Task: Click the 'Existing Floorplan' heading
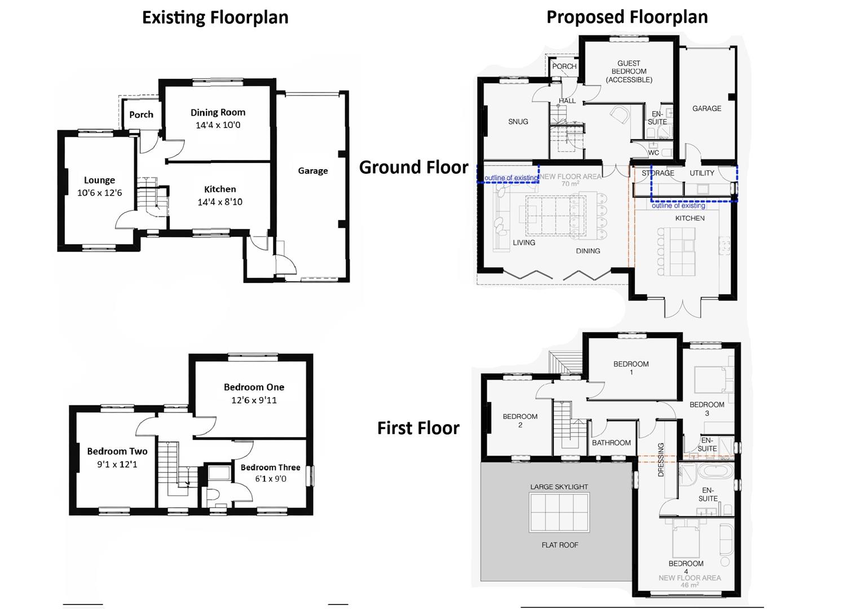[215, 17]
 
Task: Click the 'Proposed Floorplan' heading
[627, 17]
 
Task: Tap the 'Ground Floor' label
[413, 167]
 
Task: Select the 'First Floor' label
[418, 428]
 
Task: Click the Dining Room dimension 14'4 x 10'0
[218, 125]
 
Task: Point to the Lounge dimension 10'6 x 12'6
[99, 193]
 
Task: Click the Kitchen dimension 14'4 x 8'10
[220, 202]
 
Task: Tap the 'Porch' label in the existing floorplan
[141, 114]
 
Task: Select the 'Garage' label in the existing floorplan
[312, 171]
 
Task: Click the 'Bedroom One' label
[254, 387]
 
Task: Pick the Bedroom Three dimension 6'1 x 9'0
[270, 479]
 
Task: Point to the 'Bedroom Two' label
[117, 452]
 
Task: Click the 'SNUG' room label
[518, 122]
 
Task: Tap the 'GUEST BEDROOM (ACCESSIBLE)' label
[629, 72]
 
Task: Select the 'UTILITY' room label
[701, 173]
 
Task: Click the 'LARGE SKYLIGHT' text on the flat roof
[559, 487]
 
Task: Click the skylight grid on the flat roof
[559, 513]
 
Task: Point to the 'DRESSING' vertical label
[661, 460]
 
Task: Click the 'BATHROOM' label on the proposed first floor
[611, 443]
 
